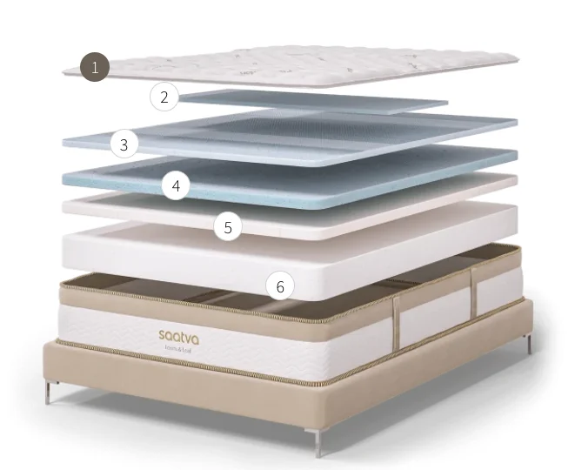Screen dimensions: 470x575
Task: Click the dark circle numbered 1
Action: (x=95, y=67)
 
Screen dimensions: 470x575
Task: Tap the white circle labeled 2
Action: (x=164, y=97)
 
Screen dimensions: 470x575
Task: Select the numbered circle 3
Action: (x=124, y=144)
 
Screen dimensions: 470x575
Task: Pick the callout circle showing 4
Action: (x=177, y=185)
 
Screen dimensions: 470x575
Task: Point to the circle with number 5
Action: (x=228, y=227)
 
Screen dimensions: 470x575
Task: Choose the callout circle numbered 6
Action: (x=280, y=285)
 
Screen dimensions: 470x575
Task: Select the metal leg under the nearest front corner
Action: (x=319, y=444)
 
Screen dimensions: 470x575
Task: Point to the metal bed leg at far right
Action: (x=528, y=342)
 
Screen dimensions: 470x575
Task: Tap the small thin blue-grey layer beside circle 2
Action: (x=313, y=100)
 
